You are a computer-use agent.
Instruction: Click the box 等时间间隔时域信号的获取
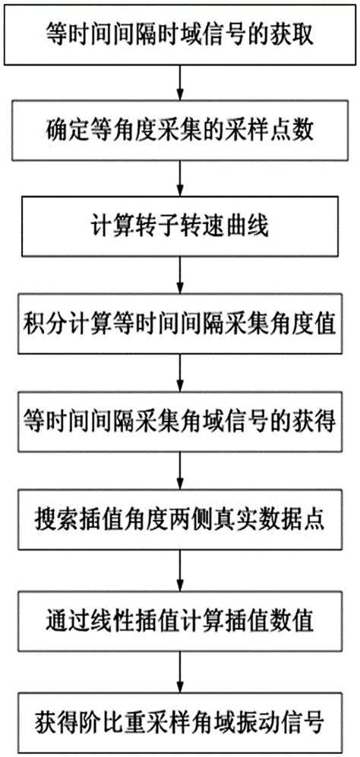click(179, 34)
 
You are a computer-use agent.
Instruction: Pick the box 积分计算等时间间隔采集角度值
click(179, 324)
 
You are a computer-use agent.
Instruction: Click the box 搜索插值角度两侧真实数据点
click(179, 519)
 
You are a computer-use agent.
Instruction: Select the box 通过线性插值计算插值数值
click(179, 617)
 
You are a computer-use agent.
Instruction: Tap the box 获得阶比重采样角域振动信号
click(179, 715)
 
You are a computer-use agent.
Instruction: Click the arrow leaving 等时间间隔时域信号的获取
click(179, 81)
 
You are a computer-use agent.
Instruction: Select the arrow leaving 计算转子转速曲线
click(179, 276)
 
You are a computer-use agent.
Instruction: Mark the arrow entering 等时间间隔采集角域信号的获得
click(179, 373)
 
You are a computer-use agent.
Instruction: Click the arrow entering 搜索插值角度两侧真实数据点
click(179, 471)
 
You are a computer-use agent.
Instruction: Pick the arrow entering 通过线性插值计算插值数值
click(179, 568)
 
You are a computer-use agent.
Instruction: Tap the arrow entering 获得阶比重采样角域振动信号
click(179, 666)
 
